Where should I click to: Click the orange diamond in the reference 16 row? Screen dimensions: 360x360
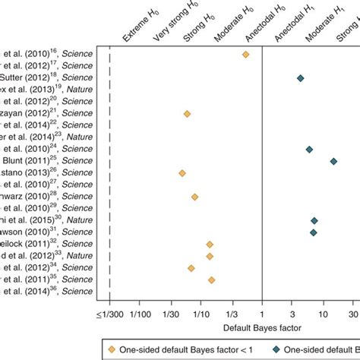point(245,55)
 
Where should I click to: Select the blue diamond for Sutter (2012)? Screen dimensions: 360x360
point(300,78)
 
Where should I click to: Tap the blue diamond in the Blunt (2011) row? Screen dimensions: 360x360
point(334,161)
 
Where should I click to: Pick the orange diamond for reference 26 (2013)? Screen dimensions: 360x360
point(182,173)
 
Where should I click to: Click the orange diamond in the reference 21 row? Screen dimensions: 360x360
point(187,114)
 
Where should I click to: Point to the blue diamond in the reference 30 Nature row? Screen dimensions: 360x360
point(314,220)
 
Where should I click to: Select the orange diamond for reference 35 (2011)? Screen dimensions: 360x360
point(211,279)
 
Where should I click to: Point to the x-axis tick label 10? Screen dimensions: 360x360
point(323,313)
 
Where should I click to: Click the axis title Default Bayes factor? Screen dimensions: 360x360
point(262,327)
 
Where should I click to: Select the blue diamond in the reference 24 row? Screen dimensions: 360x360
point(309,150)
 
